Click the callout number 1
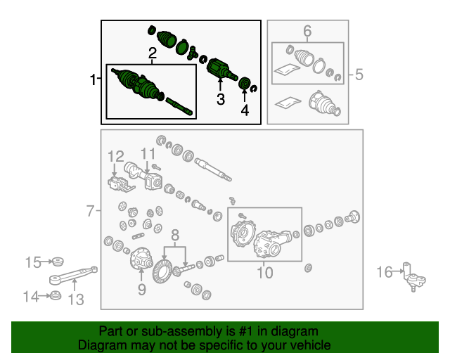[93, 79]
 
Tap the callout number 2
[153, 53]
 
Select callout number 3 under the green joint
[220, 99]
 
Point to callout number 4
[245, 110]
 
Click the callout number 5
[359, 75]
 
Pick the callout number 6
[307, 31]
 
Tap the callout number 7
[91, 211]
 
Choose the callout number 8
[175, 236]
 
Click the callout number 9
[142, 290]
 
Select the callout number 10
[264, 273]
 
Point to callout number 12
[115, 157]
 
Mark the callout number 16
[385, 272]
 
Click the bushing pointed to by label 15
[58, 262]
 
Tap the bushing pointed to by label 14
[56, 296]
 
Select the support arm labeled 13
[73, 276]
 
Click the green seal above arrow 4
[245, 84]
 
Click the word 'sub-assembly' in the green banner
[182, 331]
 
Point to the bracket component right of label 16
[414, 277]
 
